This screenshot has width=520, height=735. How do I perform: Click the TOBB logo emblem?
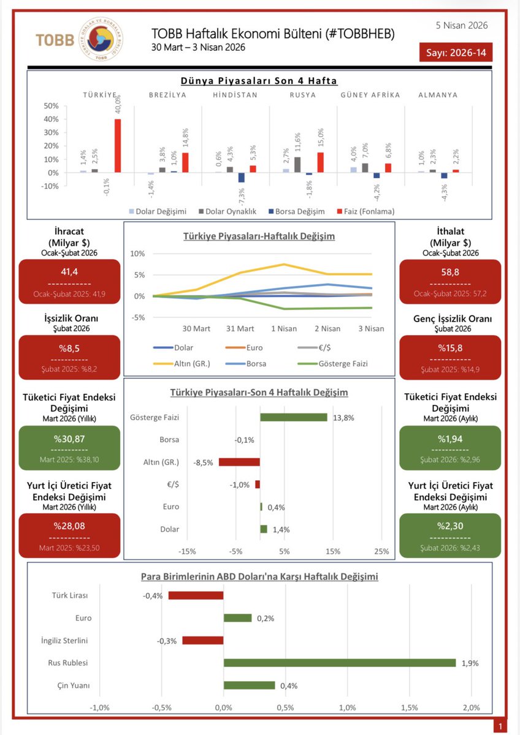(98, 39)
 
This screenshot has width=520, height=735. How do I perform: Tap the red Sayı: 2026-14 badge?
(456, 53)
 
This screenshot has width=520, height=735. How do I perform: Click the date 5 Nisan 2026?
(462, 25)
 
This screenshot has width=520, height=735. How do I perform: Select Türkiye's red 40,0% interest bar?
(118, 146)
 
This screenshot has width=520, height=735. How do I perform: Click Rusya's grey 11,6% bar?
(297, 165)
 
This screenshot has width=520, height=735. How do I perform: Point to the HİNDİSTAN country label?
(236, 95)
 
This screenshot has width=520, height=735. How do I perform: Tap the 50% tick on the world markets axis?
(50, 105)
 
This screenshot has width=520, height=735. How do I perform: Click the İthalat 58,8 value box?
(450, 282)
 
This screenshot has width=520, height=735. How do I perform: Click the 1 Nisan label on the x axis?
(284, 328)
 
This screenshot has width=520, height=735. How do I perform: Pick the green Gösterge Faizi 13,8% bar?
(293, 417)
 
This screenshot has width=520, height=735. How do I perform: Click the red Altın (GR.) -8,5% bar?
(239, 462)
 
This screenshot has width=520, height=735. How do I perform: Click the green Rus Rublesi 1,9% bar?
(340, 663)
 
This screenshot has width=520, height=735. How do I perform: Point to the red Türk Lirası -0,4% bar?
(196, 595)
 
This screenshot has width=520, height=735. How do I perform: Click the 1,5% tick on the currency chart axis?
(410, 707)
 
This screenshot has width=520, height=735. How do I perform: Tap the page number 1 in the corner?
(501, 726)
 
